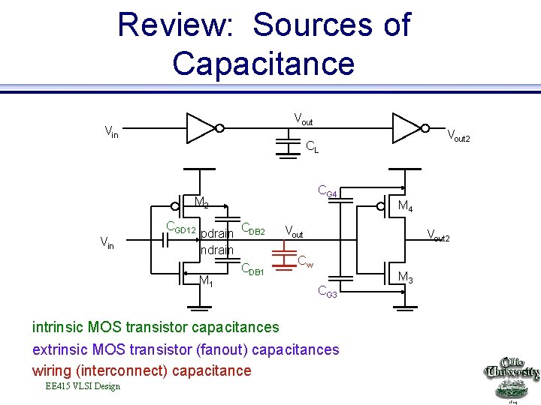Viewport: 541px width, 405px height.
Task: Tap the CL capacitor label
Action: point(312,148)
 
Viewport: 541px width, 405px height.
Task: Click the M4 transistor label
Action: point(405,206)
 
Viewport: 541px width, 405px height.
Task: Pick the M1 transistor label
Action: point(206,281)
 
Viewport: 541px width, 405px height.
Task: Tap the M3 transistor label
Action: point(405,278)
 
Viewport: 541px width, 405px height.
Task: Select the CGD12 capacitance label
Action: point(180,228)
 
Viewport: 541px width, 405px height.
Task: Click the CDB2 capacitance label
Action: point(253,229)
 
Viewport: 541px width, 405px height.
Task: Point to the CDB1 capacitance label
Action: point(252,269)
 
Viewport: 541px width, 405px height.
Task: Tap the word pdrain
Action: point(218,234)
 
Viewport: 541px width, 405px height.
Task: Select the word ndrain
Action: point(217,249)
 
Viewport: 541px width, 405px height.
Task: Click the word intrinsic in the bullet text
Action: point(58,327)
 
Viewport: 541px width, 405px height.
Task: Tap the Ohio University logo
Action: point(512,379)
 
